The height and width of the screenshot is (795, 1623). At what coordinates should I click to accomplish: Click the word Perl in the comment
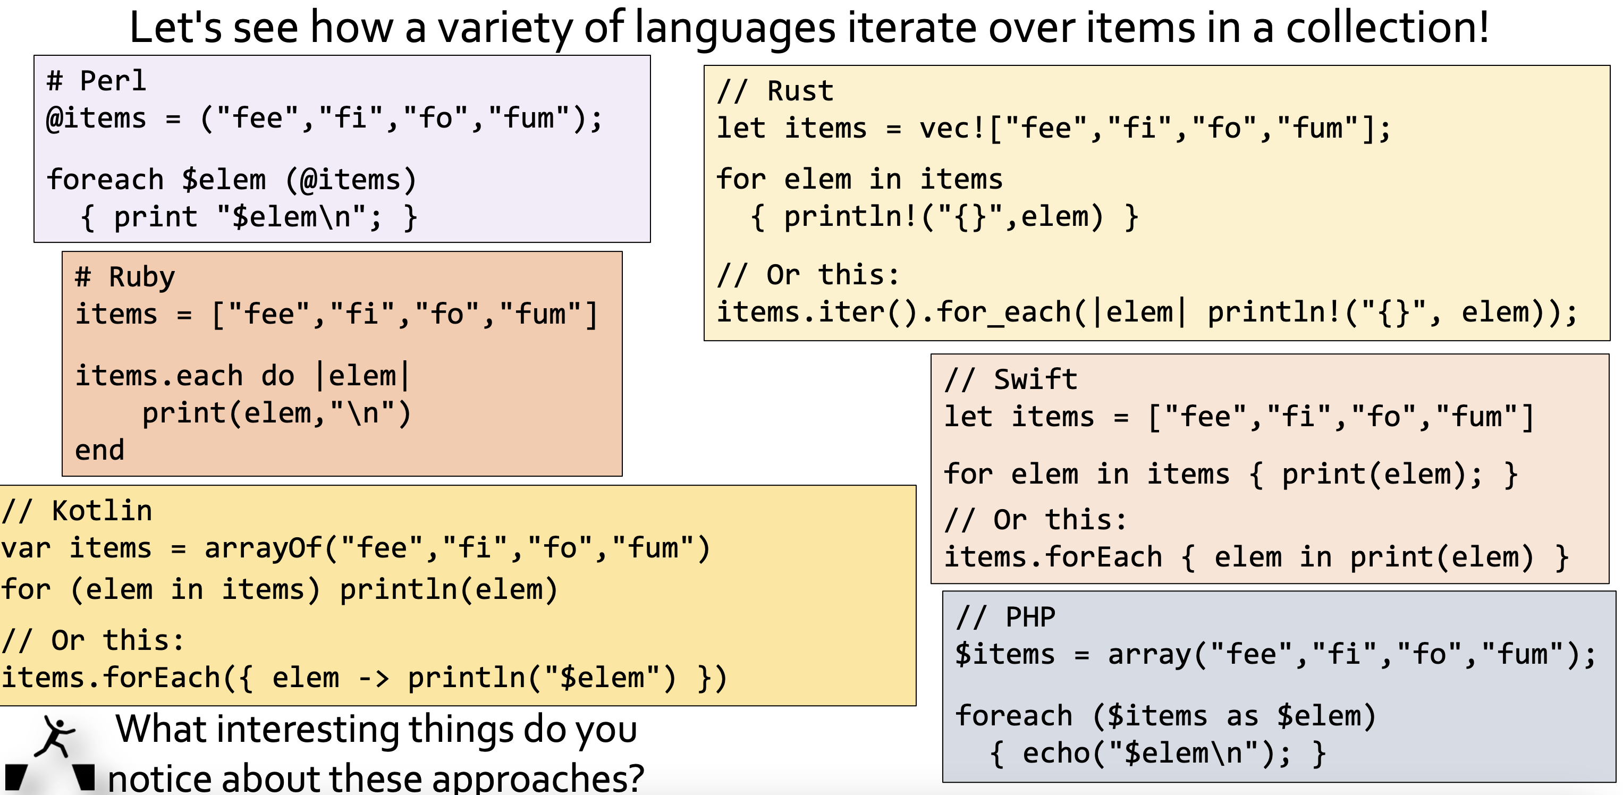[x=113, y=81]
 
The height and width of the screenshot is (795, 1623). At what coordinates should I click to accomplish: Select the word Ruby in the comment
[x=142, y=278]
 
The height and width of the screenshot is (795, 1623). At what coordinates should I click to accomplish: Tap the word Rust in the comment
[x=800, y=91]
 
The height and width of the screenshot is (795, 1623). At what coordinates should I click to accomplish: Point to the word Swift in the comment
[x=1035, y=379]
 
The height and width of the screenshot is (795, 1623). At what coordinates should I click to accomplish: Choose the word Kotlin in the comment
[x=102, y=510]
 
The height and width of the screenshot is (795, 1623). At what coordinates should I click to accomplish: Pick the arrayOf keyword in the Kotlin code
[x=264, y=548]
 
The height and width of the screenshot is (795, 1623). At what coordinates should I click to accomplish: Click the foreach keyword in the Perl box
[x=105, y=180]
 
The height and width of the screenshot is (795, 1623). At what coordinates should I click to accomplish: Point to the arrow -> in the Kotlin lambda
[x=374, y=679]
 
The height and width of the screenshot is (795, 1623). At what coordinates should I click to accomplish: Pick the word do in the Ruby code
[x=278, y=376]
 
